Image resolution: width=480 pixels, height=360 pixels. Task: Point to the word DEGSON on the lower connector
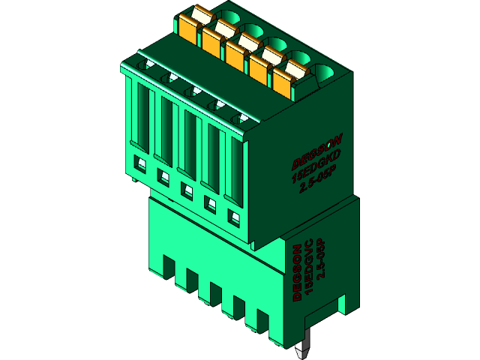click(x=298, y=271)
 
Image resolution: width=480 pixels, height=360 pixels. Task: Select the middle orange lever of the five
click(x=238, y=53)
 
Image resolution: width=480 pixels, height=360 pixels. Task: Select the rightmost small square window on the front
click(x=234, y=218)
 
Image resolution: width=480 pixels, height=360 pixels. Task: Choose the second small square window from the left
click(x=161, y=176)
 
